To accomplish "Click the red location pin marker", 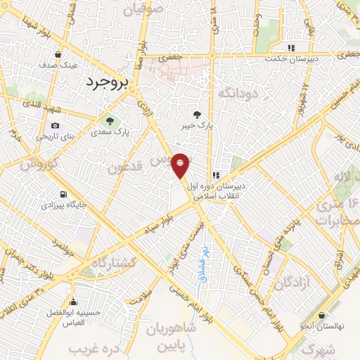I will click(x=181, y=166).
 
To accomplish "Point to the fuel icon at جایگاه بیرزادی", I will click(x=64, y=194).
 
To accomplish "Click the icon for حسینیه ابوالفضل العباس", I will click(x=73, y=302).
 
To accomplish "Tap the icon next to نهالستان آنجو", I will click(x=321, y=316).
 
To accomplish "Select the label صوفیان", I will click(x=146, y=10).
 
